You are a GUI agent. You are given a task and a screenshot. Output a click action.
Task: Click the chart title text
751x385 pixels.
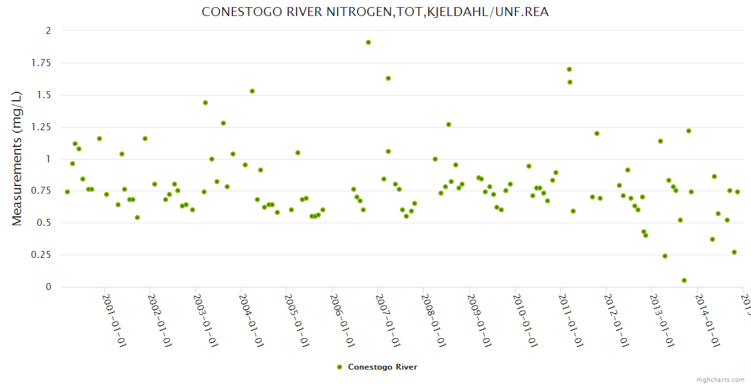(x=375, y=12)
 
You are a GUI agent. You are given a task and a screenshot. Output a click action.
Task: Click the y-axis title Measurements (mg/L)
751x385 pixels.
(x=17, y=158)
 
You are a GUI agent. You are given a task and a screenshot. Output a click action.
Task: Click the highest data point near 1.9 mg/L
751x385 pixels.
(x=368, y=42)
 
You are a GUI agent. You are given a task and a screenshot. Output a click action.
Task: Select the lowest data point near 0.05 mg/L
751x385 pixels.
(x=684, y=280)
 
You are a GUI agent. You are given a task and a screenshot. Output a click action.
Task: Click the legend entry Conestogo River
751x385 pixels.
(x=383, y=367)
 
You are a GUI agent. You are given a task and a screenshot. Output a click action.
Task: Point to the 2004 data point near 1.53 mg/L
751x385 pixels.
(x=252, y=91)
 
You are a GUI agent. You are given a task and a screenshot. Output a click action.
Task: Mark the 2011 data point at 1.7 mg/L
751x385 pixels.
(x=569, y=69)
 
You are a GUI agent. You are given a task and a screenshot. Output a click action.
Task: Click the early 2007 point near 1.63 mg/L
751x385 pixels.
(x=388, y=78)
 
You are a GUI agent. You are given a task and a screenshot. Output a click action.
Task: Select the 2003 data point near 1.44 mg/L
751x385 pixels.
(x=205, y=103)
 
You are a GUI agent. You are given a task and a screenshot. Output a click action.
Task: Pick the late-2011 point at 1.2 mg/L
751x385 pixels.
(x=597, y=133)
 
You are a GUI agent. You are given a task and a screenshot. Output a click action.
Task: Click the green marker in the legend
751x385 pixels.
(x=340, y=367)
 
